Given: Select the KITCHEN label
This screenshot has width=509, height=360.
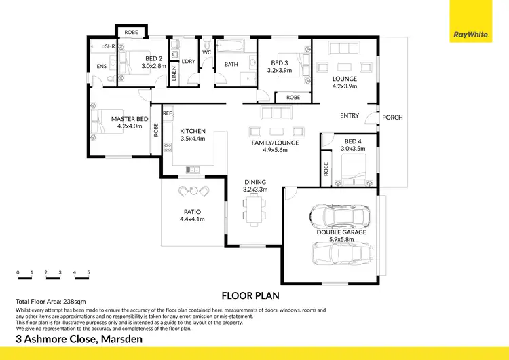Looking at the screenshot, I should (193, 132).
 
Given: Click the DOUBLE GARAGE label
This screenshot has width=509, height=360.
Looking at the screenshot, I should (341, 232).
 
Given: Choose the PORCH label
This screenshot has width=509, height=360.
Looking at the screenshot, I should (392, 118).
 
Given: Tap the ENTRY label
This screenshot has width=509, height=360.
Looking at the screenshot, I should (350, 116).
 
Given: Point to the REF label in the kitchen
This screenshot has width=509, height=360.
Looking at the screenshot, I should (167, 113).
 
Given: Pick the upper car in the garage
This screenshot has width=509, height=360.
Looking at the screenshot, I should (338, 217).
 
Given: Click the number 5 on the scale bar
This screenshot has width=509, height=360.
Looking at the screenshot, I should (88, 272).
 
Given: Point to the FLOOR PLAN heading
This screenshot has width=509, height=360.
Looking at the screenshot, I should (251, 295).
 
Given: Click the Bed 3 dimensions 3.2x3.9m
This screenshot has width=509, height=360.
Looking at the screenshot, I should (279, 70).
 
